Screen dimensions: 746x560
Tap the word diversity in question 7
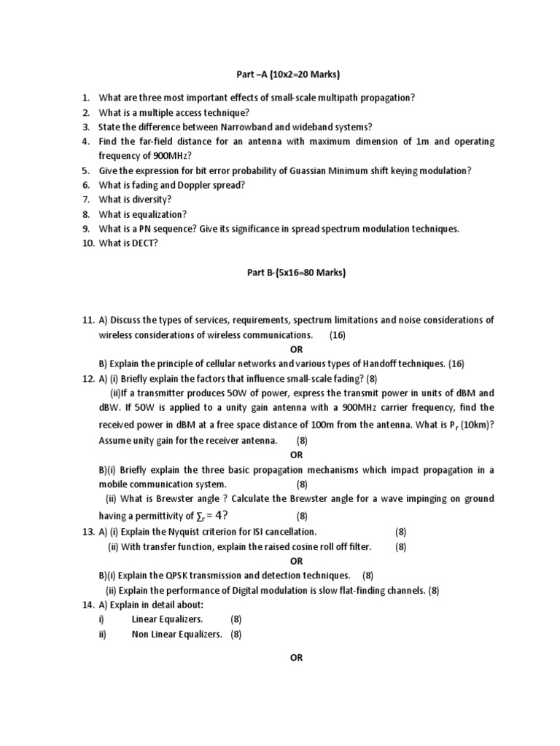coord(152,200)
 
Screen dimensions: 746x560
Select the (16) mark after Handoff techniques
coord(456,364)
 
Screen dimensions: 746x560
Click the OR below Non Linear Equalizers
coord(296,657)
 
